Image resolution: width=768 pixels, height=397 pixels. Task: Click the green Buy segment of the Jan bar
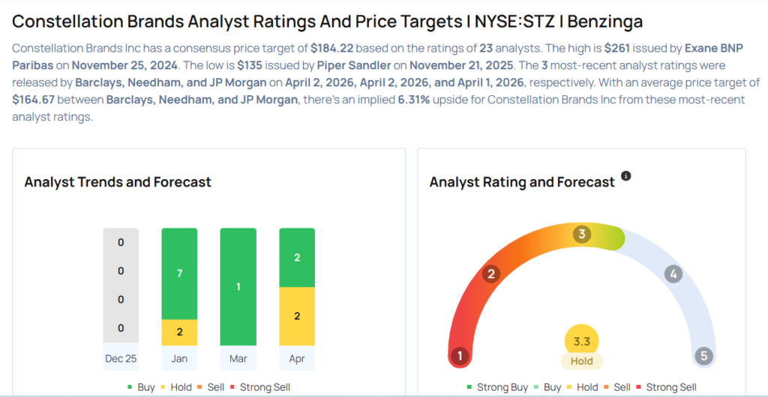coord(179,273)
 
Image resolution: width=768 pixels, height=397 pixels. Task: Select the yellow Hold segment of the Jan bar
coord(179,332)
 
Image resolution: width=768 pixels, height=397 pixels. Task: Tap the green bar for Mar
coord(238,287)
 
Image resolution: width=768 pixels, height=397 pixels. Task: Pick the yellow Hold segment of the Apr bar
coord(297,316)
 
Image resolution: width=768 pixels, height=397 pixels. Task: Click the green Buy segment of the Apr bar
coord(297,258)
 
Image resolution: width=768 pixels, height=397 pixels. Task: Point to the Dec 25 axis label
coord(121,358)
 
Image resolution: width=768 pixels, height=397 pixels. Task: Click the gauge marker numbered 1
coord(460,356)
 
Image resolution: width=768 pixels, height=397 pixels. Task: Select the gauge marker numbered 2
coord(491,273)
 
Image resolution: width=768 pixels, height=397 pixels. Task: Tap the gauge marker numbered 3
coord(581,234)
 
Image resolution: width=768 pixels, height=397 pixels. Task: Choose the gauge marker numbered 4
coord(673,273)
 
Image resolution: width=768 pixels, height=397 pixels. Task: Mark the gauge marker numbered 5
coord(703,356)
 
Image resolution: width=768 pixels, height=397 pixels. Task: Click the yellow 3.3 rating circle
coord(582,342)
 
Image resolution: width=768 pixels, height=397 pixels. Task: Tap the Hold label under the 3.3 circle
coord(582,361)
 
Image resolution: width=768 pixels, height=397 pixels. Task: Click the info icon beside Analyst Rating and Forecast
coord(626,176)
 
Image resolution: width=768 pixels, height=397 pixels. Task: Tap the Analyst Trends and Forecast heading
coord(118,182)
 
